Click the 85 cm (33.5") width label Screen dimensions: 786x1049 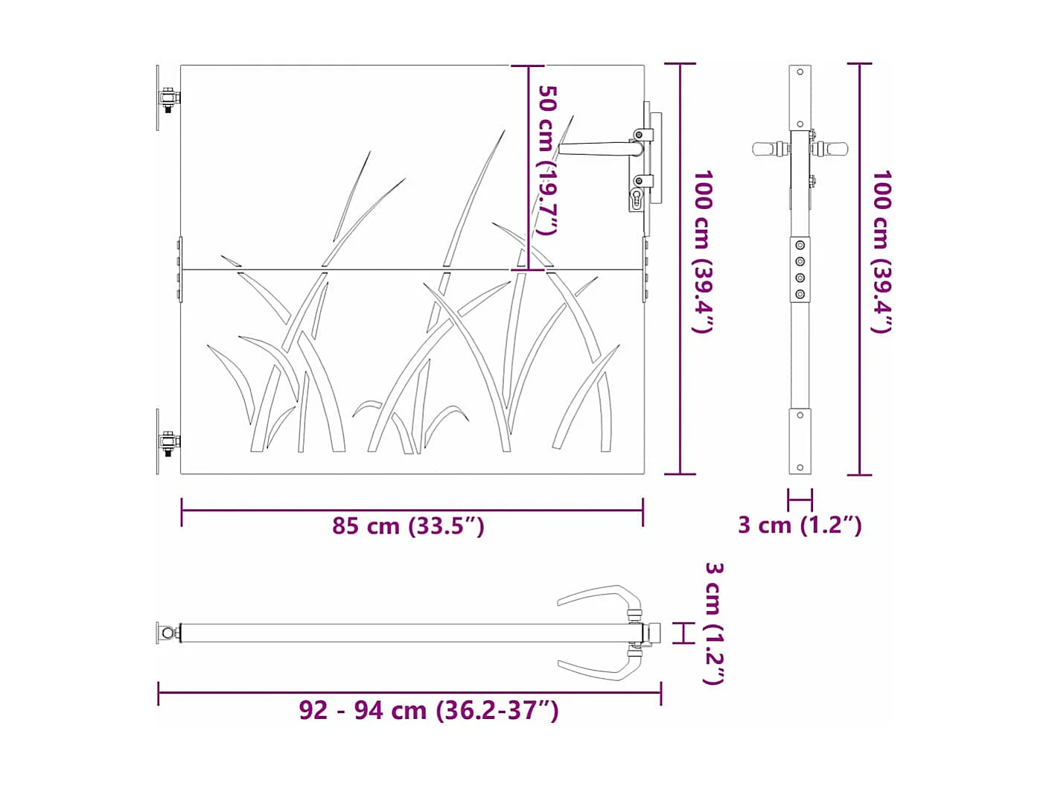(408, 526)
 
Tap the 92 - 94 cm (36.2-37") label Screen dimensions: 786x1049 (428, 710)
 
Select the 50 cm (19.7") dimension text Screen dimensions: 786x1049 (547, 160)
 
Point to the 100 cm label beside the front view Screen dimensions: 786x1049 (703, 252)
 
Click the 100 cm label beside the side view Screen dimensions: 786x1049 (881, 252)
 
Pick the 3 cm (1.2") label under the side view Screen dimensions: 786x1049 (800, 525)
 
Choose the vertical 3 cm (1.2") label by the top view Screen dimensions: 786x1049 (713, 623)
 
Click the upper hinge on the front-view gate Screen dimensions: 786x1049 (168, 98)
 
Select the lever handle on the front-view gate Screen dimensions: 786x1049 (599, 149)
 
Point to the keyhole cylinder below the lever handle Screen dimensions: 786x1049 (637, 198)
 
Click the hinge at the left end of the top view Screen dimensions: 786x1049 (169, 633)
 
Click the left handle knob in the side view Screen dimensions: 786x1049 (767, 148)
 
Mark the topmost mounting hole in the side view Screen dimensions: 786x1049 (800, 72)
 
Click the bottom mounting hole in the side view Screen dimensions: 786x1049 (800, 467)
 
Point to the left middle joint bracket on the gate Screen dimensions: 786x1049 (179, 269)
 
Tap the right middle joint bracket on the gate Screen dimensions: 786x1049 (645, 269)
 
